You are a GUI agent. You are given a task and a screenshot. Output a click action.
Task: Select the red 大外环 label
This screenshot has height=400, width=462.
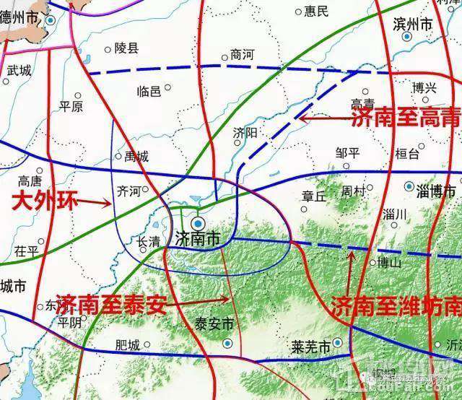point(44,200)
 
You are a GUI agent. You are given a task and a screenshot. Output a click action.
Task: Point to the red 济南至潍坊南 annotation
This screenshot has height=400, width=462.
point(396,306)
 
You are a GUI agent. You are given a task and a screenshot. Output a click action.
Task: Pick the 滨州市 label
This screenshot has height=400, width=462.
point(413,24)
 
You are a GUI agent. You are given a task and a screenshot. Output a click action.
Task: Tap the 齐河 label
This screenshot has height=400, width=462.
point(128,191)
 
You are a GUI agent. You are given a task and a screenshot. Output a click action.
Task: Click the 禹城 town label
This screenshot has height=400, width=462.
point(136,156)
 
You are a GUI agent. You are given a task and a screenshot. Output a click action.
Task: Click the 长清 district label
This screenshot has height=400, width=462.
point(149,242)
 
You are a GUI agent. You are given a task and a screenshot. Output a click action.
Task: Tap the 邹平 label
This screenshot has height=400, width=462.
point(348,152)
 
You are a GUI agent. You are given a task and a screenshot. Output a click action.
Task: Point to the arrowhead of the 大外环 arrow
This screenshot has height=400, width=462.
point(109,204)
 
